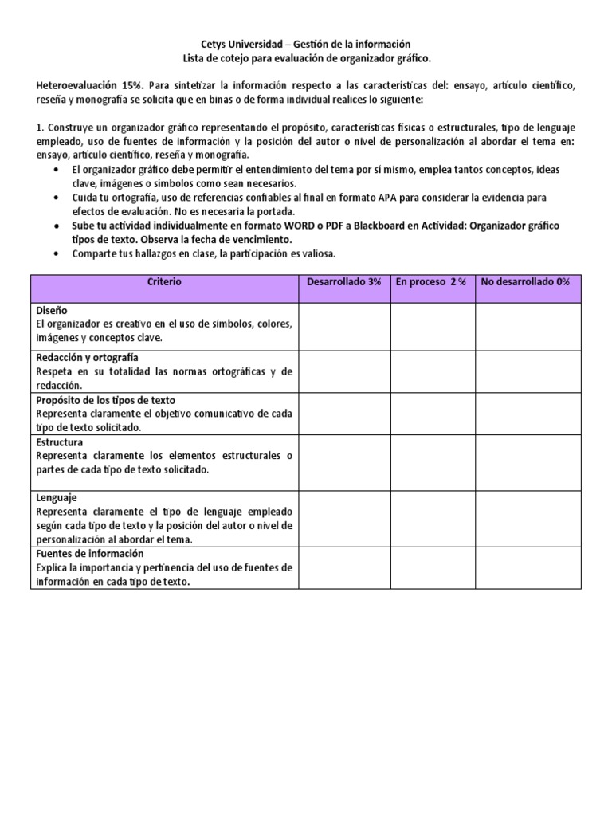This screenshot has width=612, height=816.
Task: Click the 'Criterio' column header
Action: [x=164, y=283]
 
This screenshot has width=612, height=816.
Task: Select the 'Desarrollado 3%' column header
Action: [x=344, y=283]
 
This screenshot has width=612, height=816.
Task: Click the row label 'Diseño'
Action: [x=51, y=309]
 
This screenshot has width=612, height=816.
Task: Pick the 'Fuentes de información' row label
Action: [x=89, y=553]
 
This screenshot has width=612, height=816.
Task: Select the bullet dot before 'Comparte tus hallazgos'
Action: [x=54, y=254]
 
